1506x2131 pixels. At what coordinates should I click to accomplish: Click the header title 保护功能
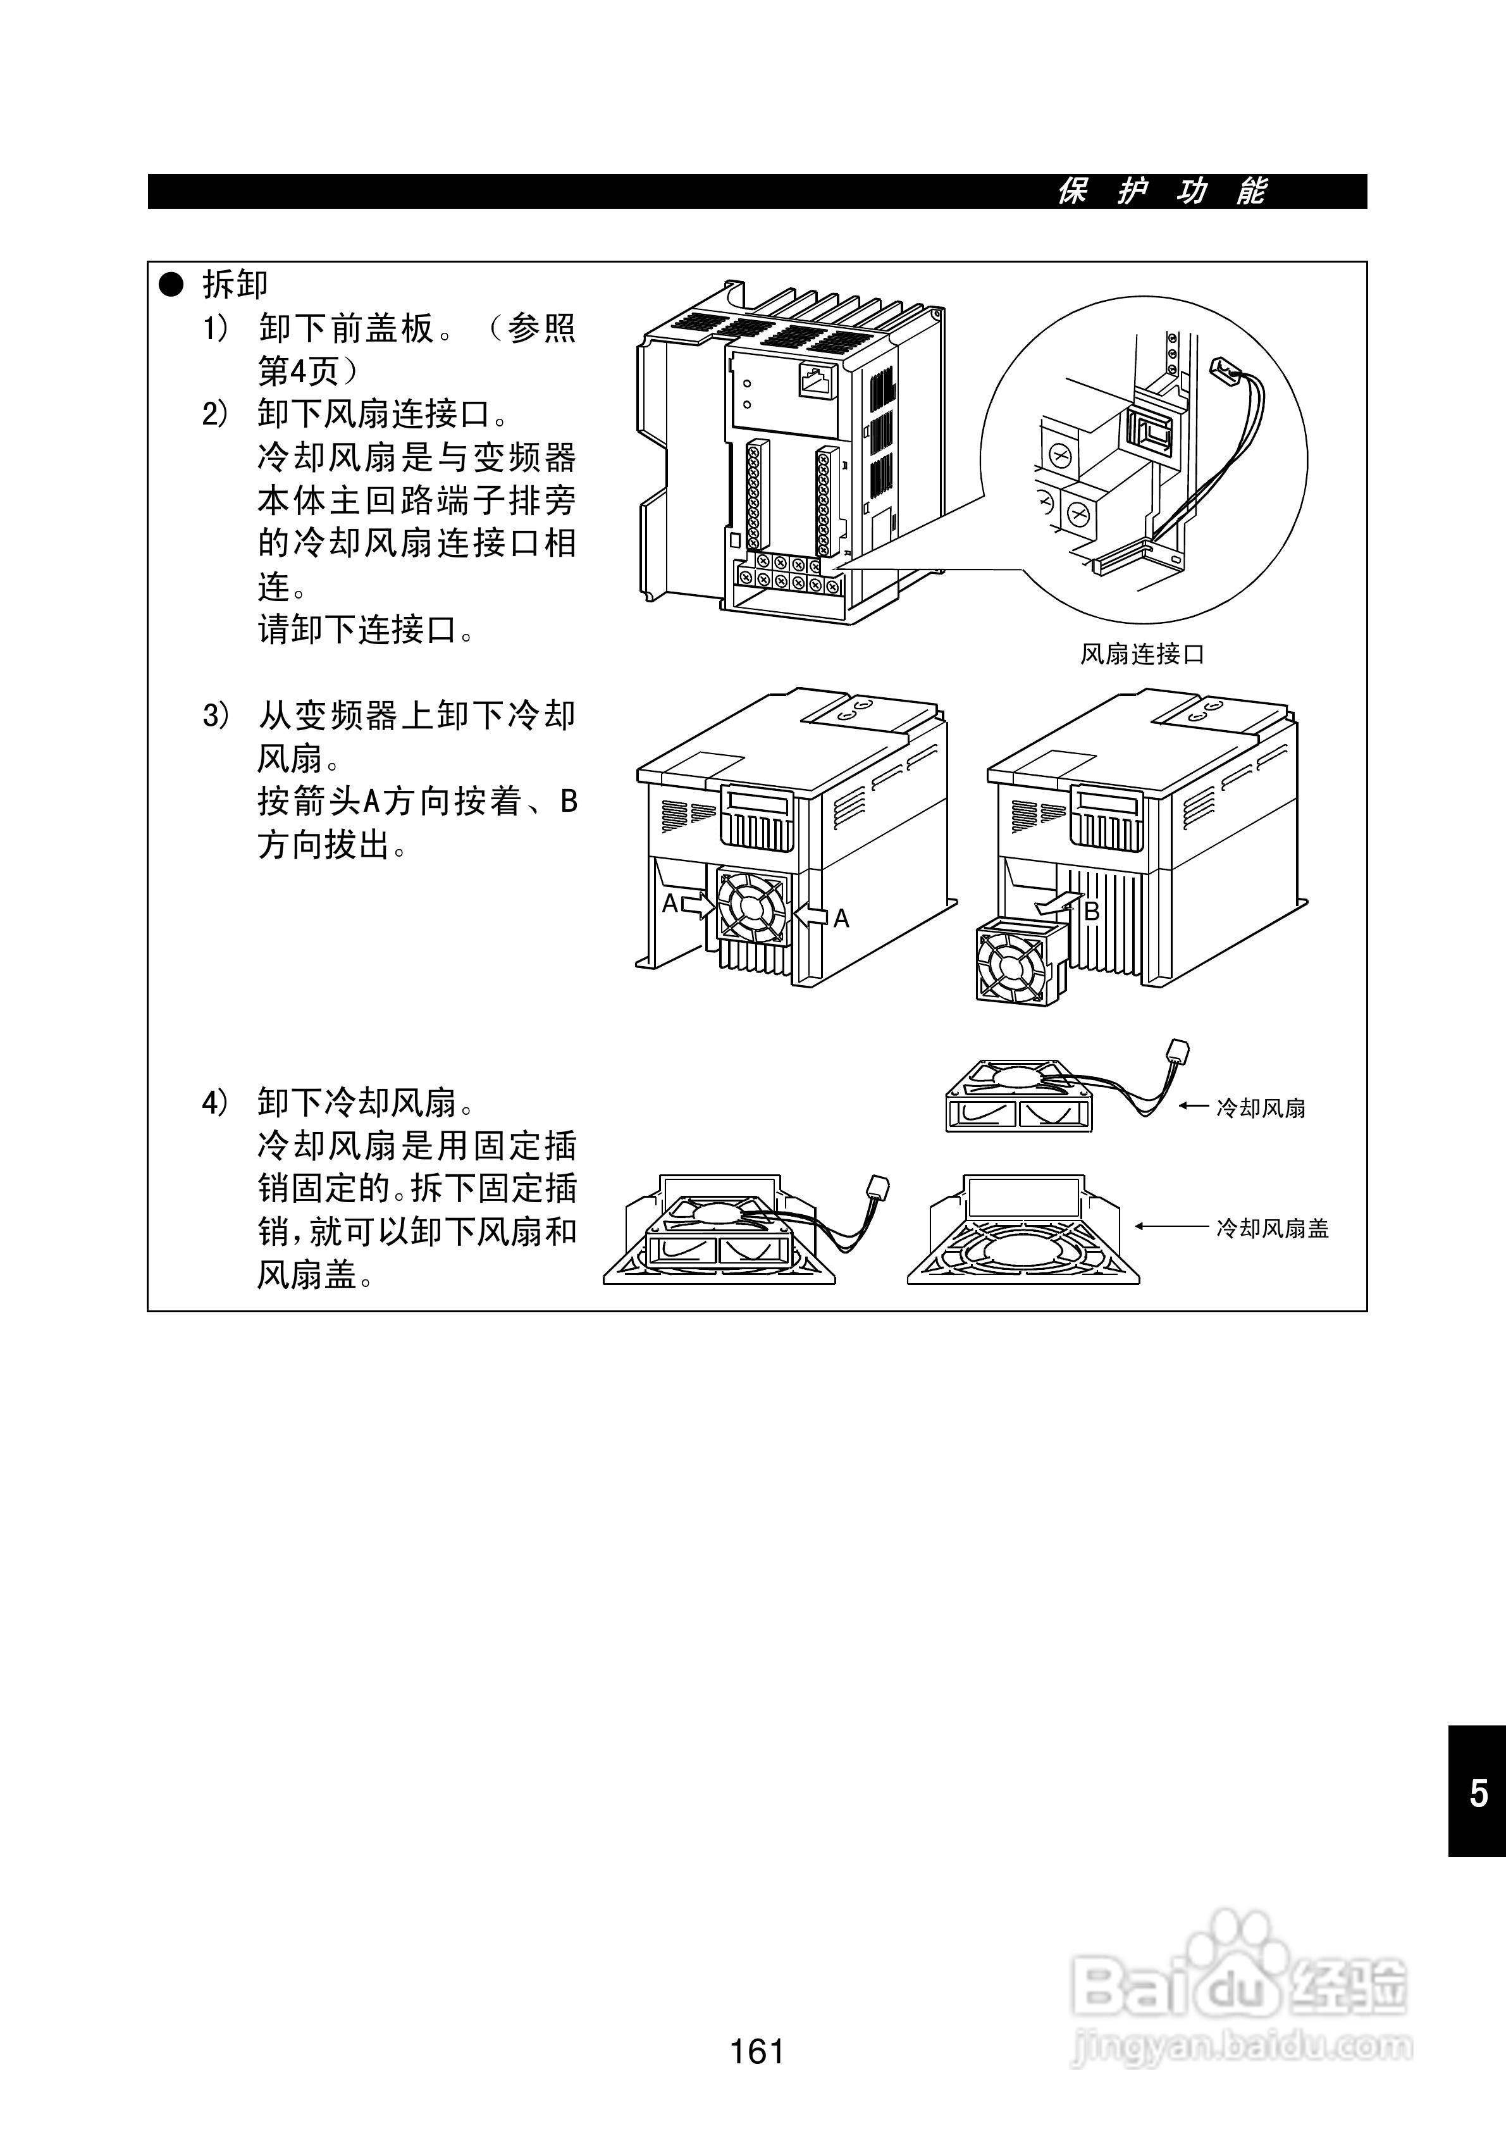1162,191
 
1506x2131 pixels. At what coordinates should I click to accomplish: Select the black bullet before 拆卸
173,285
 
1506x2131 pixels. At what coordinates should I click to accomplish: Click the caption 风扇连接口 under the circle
1142,654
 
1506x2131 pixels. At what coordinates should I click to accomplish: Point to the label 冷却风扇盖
1272,1228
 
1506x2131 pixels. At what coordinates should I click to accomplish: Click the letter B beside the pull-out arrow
1092,911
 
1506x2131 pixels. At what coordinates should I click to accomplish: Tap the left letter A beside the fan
670,903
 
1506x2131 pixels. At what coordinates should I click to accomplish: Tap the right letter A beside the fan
841,918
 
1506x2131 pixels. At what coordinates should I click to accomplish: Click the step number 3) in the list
215,716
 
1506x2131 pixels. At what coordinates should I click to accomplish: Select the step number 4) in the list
215,1103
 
